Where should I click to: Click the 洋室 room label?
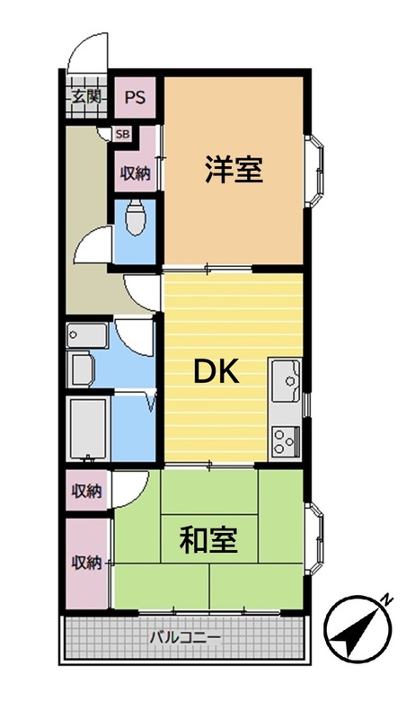coord(234,170)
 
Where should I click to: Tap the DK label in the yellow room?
coord(216,371)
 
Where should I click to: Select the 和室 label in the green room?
coord(208,540)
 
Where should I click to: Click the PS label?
coord(136,97)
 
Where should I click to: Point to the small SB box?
coord(122,134)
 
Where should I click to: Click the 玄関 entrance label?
coord(86,97)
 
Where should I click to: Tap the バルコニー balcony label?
coord(186,637)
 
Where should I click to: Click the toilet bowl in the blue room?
coord(135,218)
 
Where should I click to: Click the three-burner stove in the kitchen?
coord(286,441)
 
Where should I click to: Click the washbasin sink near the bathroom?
coord(87,335)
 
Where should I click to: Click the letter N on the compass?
coord(387,599)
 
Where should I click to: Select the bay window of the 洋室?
coord(314,171)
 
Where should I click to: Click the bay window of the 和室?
coord(314,538)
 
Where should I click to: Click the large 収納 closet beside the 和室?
coord(87,564)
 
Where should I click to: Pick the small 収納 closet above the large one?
coord(87,491)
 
